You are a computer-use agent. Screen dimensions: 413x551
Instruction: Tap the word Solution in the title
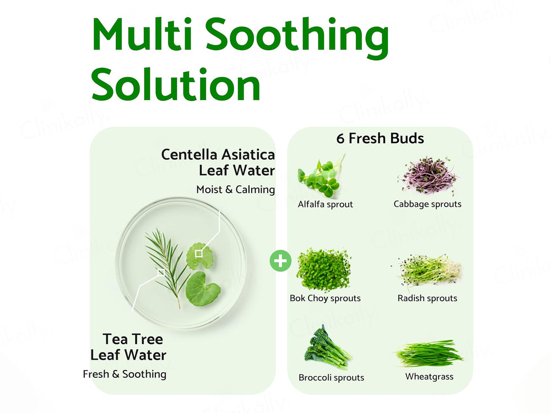click(175, 85)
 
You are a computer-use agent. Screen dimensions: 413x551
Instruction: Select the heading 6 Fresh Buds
click(380, 138)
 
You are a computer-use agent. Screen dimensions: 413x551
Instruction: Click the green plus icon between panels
click(281, 260)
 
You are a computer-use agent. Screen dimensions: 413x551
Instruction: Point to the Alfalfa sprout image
click(320, 176)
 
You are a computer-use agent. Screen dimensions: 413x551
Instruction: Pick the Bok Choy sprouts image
click(323, 270)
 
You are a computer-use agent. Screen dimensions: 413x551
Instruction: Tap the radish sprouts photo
click(428, 270)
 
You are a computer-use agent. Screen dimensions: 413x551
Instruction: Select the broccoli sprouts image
click(327, 347)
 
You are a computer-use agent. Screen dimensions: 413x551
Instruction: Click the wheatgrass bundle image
click(429, 353)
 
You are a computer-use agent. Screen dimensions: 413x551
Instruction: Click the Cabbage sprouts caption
click(428, 204)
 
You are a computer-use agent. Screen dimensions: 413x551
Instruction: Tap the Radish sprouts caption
click(428, 298)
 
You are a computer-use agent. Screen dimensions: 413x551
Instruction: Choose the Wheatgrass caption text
click(429, 377)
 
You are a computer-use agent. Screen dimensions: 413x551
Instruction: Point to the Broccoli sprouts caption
click(331, 378)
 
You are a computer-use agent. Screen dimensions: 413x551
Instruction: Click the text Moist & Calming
click(235, 189)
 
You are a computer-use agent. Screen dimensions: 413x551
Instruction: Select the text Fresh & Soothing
click(125, 374)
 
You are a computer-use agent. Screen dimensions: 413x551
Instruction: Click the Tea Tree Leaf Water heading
click(129, 346)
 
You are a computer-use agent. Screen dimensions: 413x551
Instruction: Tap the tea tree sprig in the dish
click(163, 264)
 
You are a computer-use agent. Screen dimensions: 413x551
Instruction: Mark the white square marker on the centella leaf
click(199, 253)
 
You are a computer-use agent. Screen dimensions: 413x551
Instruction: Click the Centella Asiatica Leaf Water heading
click(218, 162)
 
